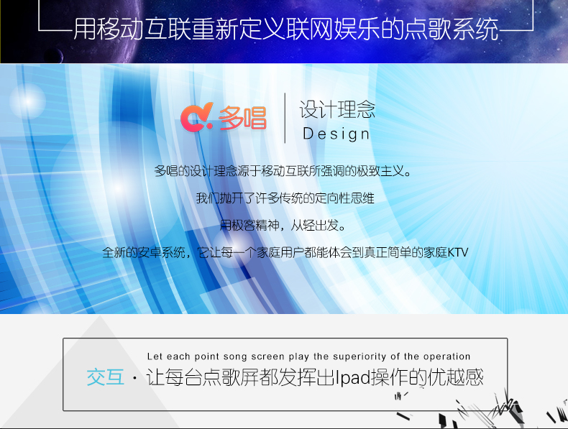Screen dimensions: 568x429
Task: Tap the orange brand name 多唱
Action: (x=242, y=118)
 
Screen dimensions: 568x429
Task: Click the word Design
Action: (x=336, y=134)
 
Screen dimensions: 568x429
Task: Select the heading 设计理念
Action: (x=337, y=109)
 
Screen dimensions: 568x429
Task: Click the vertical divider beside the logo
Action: (x=285, y=118)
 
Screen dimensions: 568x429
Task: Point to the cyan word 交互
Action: (x=106, y=377)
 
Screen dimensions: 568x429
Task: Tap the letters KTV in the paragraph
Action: (x=458, y=252)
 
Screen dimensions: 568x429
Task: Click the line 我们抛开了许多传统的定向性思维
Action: (x=285, y=198)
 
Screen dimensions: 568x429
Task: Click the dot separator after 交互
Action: (x=134, y=378)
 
